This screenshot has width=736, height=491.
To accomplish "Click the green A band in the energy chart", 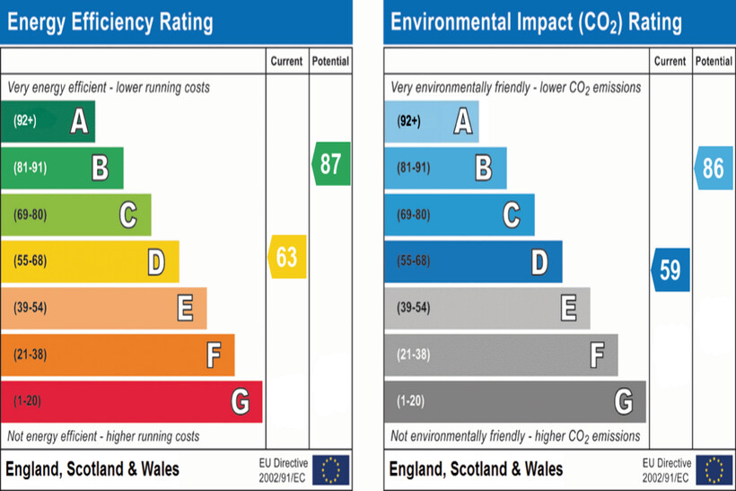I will click(x=48, y=121).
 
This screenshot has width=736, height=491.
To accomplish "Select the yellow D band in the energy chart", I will click(x=90, y=262).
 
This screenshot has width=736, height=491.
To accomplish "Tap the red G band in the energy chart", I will click(x=131, y=401).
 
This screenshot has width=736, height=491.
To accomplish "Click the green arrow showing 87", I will click(x=331, y=163).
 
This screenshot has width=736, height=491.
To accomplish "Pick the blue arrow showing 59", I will click(x=671, y=269).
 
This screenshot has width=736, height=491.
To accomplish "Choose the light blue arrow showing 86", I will click(x=714, y=168).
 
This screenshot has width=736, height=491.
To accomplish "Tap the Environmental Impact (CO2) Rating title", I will click(x=536, y=22).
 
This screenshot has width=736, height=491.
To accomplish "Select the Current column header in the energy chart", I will click(x=287, y=62).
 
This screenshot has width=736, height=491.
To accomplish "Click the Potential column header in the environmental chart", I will click(x=714, y=62).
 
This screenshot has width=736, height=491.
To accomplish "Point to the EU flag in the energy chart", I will click(x=331, y=469).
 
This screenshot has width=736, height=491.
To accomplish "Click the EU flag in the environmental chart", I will click(x=714, y=469).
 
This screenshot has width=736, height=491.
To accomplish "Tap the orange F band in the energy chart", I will click(x=118, y=355).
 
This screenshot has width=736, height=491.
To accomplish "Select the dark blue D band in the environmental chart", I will click(x=473, y=262).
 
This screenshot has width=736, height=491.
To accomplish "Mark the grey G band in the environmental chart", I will click(x=514, y=401).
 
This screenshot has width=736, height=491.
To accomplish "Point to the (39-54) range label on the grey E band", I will click(x=413, y=308).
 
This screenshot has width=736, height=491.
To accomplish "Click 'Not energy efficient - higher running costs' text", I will click(x=103, y=436).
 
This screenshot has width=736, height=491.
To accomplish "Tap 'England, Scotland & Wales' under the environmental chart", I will click(x=477, y=469).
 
